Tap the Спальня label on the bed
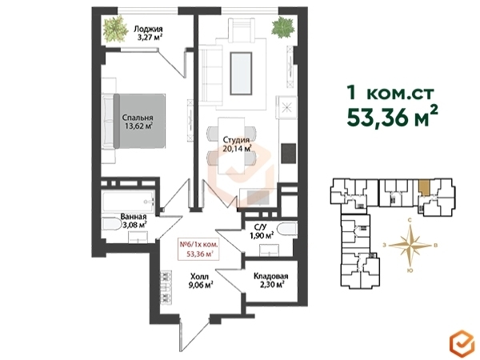pos(138,118)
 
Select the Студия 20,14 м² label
pos(236,144)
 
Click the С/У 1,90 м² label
pos(260,231)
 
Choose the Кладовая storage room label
pos(270,276)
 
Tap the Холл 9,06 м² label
pos(201,281)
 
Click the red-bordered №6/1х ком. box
pos(198,249)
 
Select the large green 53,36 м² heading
pos(393,118)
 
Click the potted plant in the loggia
pos(115,30)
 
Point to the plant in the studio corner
pos(283,27)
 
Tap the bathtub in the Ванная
pos(128,202)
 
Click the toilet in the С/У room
pos(287,229)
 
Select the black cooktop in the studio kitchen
pos(289,154)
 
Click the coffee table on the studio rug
pos(242,74)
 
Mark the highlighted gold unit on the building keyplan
pos(424,187)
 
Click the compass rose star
pos(410,246)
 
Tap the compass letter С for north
pos(409,220)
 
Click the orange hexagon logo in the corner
pos(462,343)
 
